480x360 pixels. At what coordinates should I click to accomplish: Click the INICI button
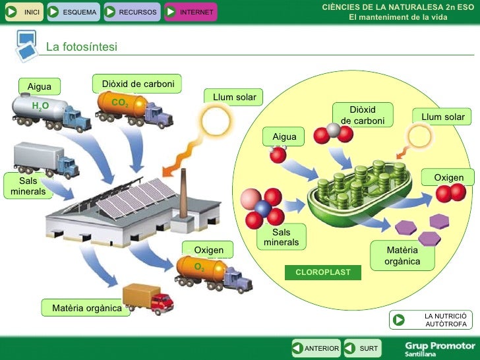click(x=24, y=12)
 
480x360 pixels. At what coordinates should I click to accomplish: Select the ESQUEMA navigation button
click(x=73, y=12)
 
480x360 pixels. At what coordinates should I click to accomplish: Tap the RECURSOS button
click(x=131, y=12)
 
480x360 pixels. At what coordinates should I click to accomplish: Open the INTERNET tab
click(x=190, y=12)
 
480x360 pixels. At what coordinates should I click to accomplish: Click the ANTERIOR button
click(x=316, y=348)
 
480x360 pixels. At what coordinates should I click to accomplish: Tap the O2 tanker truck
click(x=212, y=272)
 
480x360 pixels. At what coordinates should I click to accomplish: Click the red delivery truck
click(x=148, y=299)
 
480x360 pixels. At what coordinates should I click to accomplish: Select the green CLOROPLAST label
click(x=323, y=272)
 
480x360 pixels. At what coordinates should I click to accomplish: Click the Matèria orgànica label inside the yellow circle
click(x=402, y=255)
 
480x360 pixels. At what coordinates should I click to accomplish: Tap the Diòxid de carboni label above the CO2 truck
click(x=138, y=84)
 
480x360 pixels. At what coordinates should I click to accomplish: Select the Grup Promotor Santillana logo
click(x=439, y=348)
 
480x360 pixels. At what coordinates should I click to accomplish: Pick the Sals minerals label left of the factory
click(x=28, y=186)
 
